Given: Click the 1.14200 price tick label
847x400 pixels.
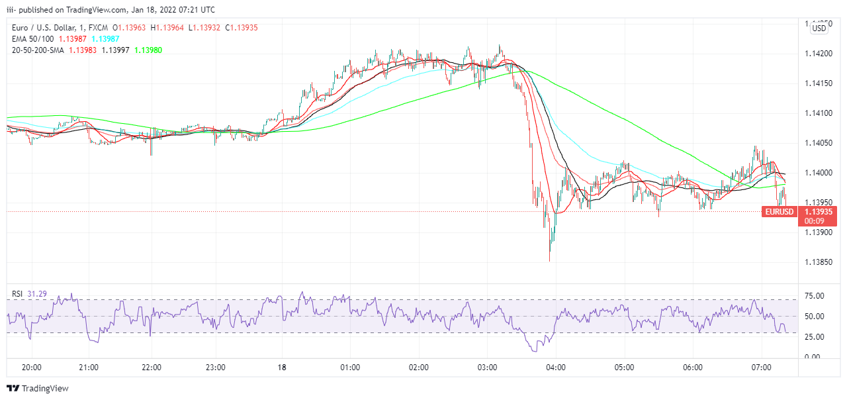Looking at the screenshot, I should tap(819, 53).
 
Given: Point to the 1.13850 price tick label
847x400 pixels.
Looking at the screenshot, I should tap(819, 263).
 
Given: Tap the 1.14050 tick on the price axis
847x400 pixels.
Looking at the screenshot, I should tap(819, 143).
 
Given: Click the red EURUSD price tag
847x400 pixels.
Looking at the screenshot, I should tap(778, 212).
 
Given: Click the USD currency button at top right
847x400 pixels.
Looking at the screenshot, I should tap(819, 28).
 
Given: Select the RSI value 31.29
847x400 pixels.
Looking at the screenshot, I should tap(37, 293).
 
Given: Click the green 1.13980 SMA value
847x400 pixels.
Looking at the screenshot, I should tap(148, 50).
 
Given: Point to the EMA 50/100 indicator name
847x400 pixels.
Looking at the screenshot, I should tap(31, 39).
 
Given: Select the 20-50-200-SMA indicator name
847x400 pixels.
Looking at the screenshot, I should tap(38, 50).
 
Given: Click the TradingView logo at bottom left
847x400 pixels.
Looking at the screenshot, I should tap(38, 389).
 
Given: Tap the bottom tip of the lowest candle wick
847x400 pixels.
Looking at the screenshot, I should tap(550, 261).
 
